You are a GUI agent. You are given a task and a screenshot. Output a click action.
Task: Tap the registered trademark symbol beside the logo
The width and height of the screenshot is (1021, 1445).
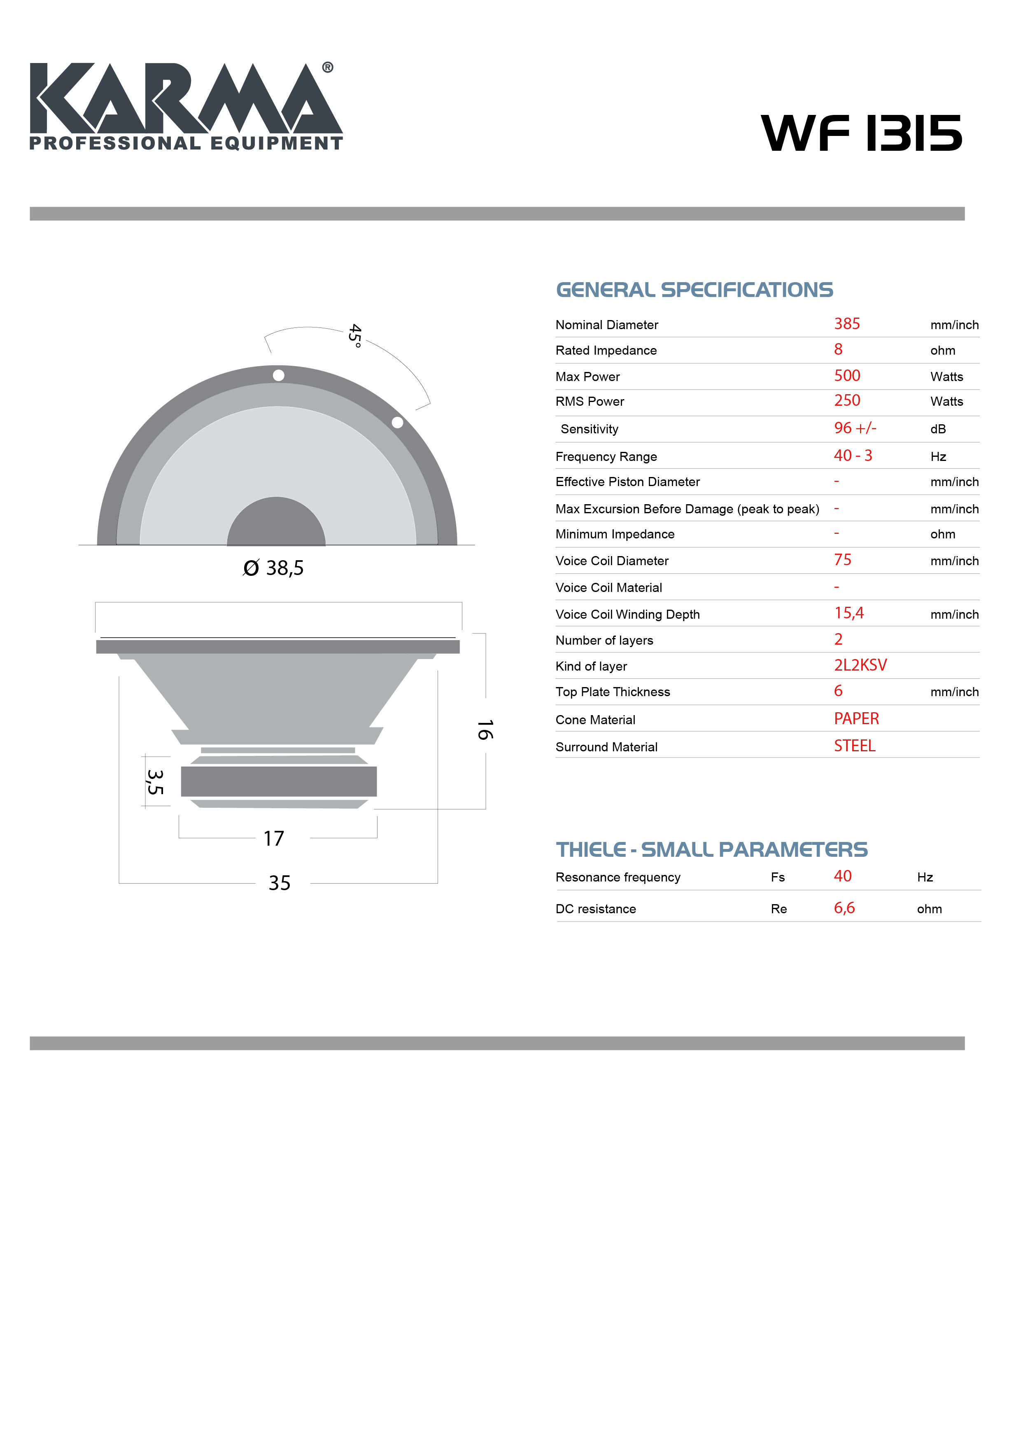point(328,67)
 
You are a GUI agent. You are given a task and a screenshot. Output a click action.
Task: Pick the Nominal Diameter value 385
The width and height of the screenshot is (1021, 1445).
point(847,324)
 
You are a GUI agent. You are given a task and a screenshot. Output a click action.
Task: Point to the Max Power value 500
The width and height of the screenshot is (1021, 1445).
point(847,376)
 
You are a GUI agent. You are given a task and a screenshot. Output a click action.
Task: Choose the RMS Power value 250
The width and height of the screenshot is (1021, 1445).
point(847,401)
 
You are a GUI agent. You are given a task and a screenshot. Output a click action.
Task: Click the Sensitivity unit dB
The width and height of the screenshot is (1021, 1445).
point(937,429)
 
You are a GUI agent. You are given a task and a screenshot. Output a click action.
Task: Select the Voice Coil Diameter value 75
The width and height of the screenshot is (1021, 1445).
point(842,560)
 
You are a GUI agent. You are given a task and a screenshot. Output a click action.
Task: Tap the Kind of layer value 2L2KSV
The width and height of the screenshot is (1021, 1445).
point(860,665)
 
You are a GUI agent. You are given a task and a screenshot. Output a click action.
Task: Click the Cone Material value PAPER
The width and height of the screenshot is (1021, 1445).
point(856,719)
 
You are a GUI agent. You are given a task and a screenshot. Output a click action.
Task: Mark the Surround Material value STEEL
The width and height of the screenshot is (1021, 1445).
point(854,746)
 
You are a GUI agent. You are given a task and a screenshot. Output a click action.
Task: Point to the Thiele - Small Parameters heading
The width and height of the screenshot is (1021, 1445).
point(711,850)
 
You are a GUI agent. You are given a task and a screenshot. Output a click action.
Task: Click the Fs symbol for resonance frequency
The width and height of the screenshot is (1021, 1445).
point(778,877)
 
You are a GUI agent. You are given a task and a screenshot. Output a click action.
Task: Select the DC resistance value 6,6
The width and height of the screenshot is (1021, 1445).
point(844,908)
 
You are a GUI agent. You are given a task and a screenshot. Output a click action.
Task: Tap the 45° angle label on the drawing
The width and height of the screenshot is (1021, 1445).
point(355,335)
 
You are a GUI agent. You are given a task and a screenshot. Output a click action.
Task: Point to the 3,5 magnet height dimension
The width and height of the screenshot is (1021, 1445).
point(155,782)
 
